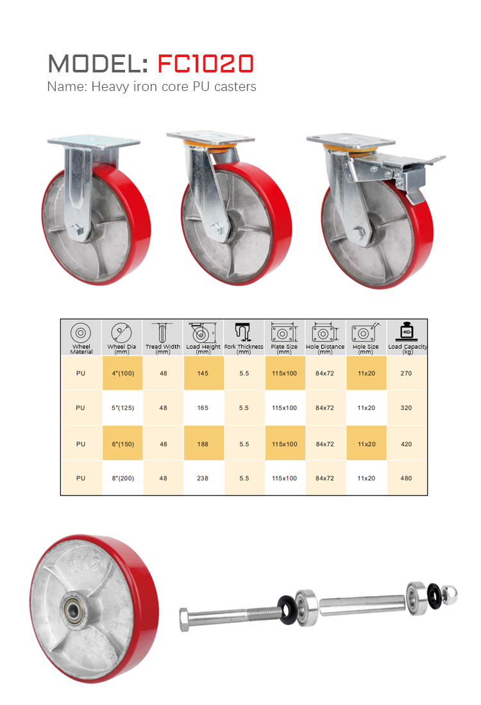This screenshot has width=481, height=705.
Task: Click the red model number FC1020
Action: click(206, 63)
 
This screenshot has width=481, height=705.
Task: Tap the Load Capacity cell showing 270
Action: click(407, 373)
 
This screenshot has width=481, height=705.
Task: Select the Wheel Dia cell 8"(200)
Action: click(123, 478)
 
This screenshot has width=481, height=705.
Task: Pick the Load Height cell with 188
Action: click(203, 444)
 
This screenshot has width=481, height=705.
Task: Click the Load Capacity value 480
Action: click(407, 478)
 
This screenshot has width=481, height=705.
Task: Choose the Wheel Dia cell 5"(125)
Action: click(123, 408)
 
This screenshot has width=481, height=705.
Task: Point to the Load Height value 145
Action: click(203, 373)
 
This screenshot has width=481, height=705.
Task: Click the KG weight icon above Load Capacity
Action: click(407, 331)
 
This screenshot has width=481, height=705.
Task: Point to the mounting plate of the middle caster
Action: click(210, 137)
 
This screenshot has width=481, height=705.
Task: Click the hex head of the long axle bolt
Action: click(184, 618)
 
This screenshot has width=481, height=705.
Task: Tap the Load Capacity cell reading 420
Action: click(407, 444)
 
